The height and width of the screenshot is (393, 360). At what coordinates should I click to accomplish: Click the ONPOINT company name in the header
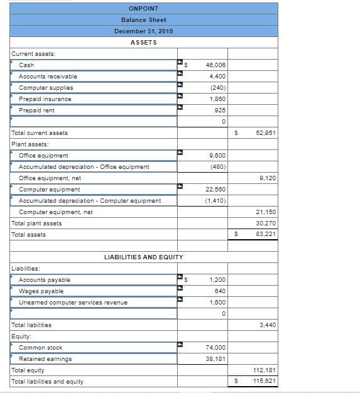(x=143, y=8)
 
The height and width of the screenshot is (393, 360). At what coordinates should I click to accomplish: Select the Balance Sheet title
(x=143, y=19)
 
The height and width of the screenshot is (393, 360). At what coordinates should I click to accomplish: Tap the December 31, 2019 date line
(x=143, y=31)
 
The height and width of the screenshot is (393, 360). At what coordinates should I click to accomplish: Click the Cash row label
(x=26, y=65)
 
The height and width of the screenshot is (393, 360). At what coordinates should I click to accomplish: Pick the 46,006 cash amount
(x=215, y=65)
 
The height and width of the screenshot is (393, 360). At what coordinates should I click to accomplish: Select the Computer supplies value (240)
(x=218, y=88)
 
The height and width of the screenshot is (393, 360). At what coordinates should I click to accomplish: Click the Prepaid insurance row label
(x=45, y=99)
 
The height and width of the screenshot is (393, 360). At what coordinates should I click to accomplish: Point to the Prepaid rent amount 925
(x=220, y=110)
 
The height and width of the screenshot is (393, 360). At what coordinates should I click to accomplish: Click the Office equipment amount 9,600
(x=217, y=156)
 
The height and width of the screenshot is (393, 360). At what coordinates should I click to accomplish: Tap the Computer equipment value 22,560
(x=215, y=190)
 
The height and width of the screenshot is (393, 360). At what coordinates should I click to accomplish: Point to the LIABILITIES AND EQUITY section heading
(x=143, y=257)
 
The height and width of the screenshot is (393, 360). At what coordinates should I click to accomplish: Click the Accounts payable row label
(x=45, y=280)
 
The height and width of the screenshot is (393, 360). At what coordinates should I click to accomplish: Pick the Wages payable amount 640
(x=220, y=291)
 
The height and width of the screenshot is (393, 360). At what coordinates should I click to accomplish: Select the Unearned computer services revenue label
(x=73, y=303)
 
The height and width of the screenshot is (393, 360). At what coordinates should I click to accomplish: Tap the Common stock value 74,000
(x=215, y=348)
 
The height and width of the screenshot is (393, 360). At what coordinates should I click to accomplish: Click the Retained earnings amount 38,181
(x=215, y=359)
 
